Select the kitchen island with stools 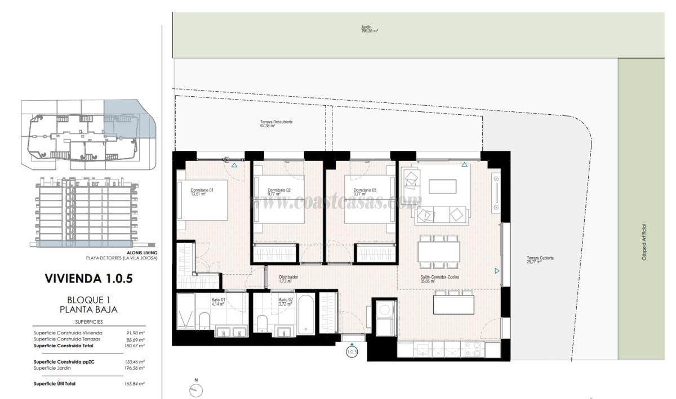453,304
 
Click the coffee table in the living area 443,186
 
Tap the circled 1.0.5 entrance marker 352,352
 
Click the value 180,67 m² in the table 135,346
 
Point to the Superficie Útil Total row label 55,383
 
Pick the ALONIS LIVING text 142,253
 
